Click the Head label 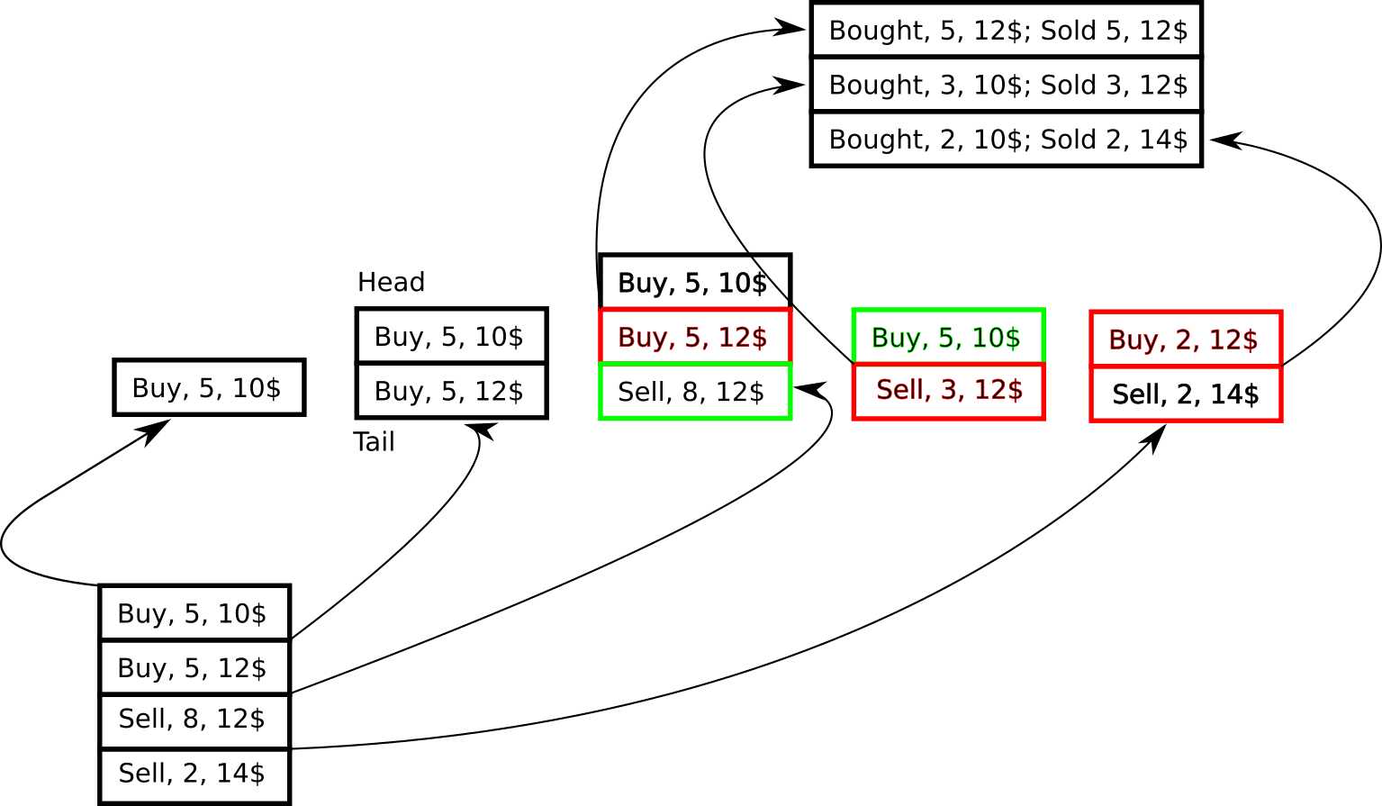(x=391, y=282)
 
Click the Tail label (x=374, y=442)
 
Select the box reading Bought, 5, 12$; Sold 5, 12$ (x=1007, y=30)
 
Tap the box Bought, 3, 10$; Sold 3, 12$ (x=1007, y=85)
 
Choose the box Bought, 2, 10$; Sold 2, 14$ (x=1007, y=140)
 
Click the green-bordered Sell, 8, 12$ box (x=695, y=392)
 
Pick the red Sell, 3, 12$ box (x=949, y=391)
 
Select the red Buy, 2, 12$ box (x=1186, y=339)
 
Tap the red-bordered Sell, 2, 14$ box (x=1186, y=394)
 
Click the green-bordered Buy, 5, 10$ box (x=949, y=336)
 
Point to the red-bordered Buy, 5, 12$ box (x=695, y=336)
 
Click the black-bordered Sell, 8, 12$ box (x=194, y=720)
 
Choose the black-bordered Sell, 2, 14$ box (x=194, y=775)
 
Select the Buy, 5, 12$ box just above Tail (x=452, y=391)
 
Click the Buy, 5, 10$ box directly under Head (x=452, y=336)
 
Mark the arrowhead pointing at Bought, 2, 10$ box (x=1224, y=140)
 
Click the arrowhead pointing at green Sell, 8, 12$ (x=808, y=390)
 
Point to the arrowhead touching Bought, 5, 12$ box (x=790, y=28)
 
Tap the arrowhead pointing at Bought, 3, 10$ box (x=790, y=85)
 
